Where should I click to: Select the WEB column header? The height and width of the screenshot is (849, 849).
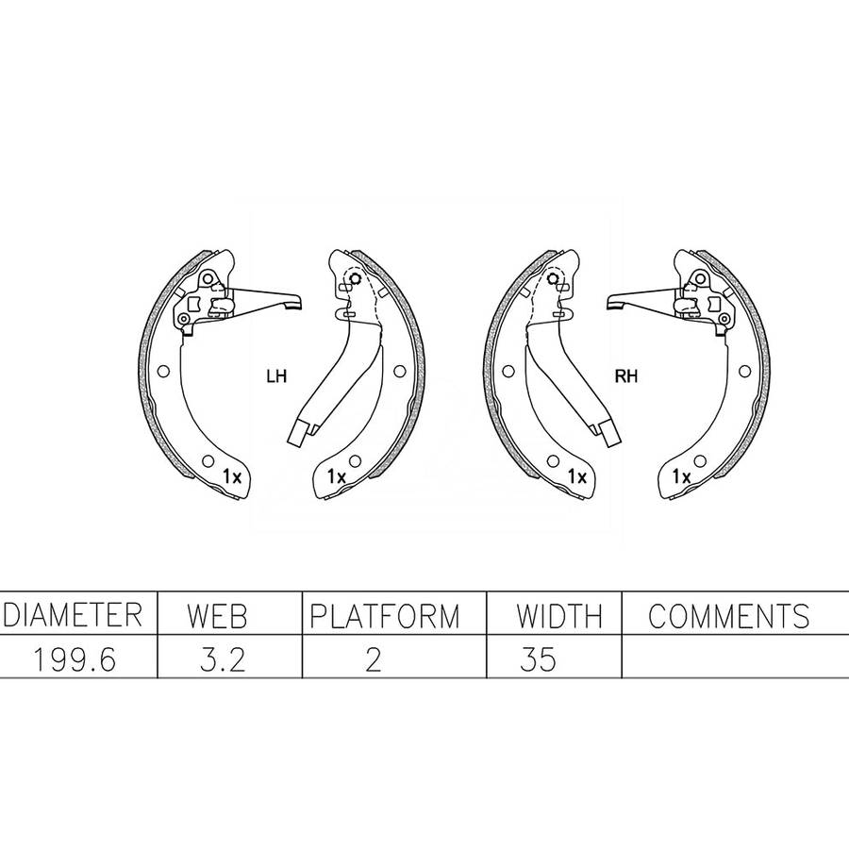coord(217,616)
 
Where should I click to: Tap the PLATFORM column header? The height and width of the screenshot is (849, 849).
coord(385,616)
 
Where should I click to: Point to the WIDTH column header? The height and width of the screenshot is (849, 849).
coord(558,616)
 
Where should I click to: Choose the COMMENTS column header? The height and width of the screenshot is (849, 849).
coord(729,616)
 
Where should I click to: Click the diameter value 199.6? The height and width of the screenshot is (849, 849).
coord(75,659)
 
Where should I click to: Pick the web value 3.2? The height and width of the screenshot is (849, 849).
coord(223,659)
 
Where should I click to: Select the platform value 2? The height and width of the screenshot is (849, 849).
coord(373,659)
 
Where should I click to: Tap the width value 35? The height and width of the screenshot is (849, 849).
coord(538,659)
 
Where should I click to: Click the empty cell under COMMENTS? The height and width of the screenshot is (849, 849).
coord(735,657)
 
